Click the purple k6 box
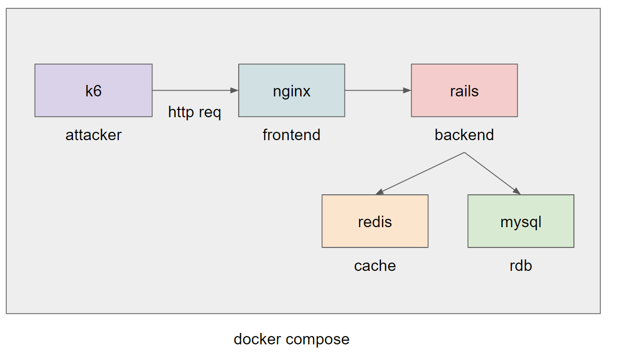click(93, 91)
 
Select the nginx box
click(292, 91)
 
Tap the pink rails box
click(464, 91)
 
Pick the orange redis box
click(375, 221)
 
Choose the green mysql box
click(521, 221)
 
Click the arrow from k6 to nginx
click(195, 91)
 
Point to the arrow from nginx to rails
click(378, 91)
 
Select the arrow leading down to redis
click(420, 173)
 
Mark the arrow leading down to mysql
click(492, 173)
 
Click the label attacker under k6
click(94, 135)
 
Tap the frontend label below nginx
click(292, 135)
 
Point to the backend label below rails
click(464, 135)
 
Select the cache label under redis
click(375, 266)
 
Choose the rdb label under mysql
click(521, 266)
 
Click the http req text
click(194, 113)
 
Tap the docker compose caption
click(292, 340)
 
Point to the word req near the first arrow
click(210, 114)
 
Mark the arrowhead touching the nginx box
click(235, 91)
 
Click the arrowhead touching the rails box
click(408, 91)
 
